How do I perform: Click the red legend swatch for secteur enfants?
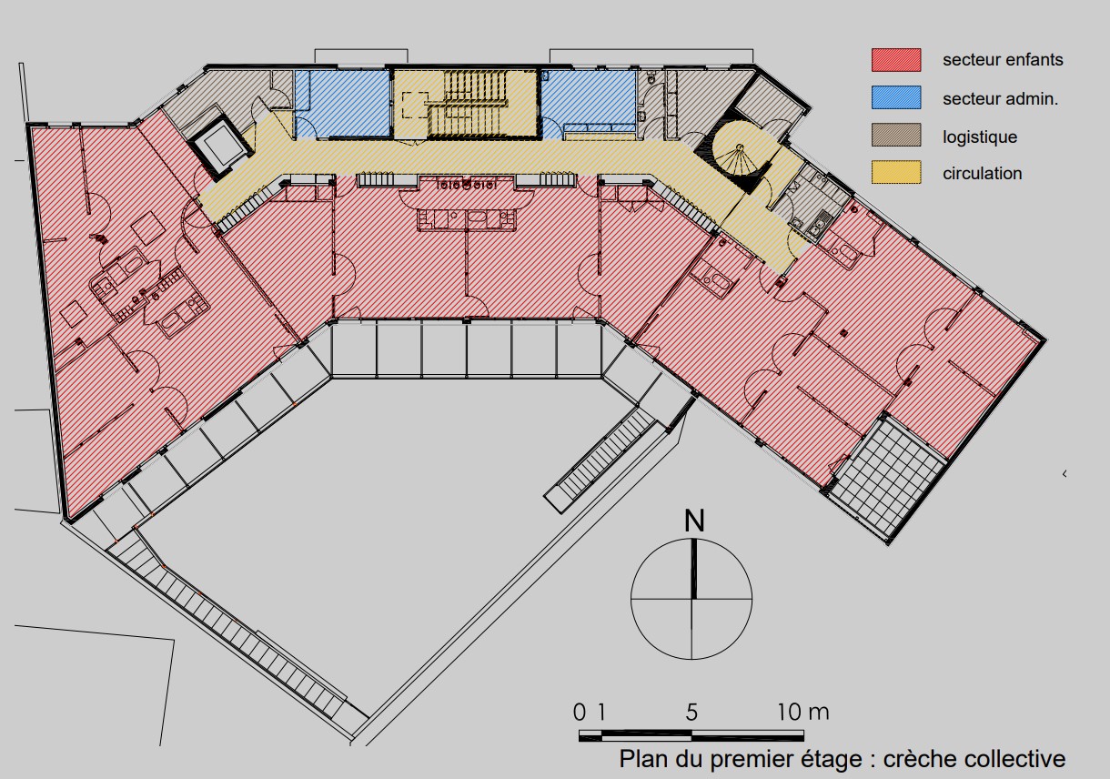click(x=896, y=60)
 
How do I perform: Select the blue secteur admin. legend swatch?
click(x=896, y=97)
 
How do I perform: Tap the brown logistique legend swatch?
click(x=896, y=135)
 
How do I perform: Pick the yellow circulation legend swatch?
click(x=896, y=172)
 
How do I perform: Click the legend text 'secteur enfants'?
click(x=1003, y=59)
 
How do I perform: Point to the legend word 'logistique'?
click(x=980, y=137)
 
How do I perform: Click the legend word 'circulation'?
click(x=982, y=173)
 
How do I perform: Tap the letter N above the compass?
click(x=694, y=521)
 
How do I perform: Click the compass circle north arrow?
click(x=693, y=569)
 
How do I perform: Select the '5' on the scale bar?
click(x=691, y=713)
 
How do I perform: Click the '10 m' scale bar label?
click(x=802, y=713)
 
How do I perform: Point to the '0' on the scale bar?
click(x=580, y=713)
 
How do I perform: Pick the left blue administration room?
click(x=342, y=103)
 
